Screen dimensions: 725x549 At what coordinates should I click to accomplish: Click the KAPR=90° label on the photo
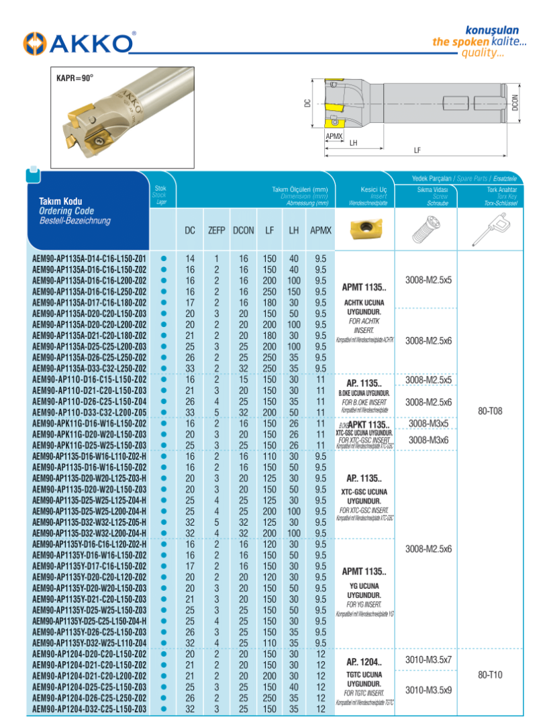click(75, 78)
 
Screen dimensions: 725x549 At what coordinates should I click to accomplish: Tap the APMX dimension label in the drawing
click(334, 136)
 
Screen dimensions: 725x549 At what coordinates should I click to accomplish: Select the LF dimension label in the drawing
click(417, 151)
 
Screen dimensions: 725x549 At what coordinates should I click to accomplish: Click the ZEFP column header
click(216, 230)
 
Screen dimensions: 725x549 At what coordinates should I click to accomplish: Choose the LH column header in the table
click(293, 230)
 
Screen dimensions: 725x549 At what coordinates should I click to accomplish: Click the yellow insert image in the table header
click(364, 228)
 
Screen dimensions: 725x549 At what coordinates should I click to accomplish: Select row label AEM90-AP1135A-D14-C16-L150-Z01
click(89, 259)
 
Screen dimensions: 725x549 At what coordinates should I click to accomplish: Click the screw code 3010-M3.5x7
click(429, 660)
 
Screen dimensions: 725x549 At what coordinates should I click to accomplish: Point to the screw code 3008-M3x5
click(429, 424)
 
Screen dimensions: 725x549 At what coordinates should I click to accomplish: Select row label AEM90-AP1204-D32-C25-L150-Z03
click(89, 709)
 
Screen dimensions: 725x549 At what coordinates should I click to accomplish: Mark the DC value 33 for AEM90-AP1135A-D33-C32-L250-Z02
click(190, 369)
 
